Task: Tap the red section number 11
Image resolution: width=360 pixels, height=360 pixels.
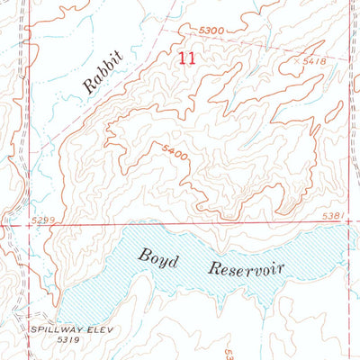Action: [186, 58]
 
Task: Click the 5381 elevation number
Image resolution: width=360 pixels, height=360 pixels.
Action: [331, 216]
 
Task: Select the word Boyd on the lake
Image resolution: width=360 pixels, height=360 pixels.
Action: [158, 256]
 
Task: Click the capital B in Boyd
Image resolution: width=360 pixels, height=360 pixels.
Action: [144, 255]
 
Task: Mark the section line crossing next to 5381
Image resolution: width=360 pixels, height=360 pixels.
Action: [347, 224]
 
